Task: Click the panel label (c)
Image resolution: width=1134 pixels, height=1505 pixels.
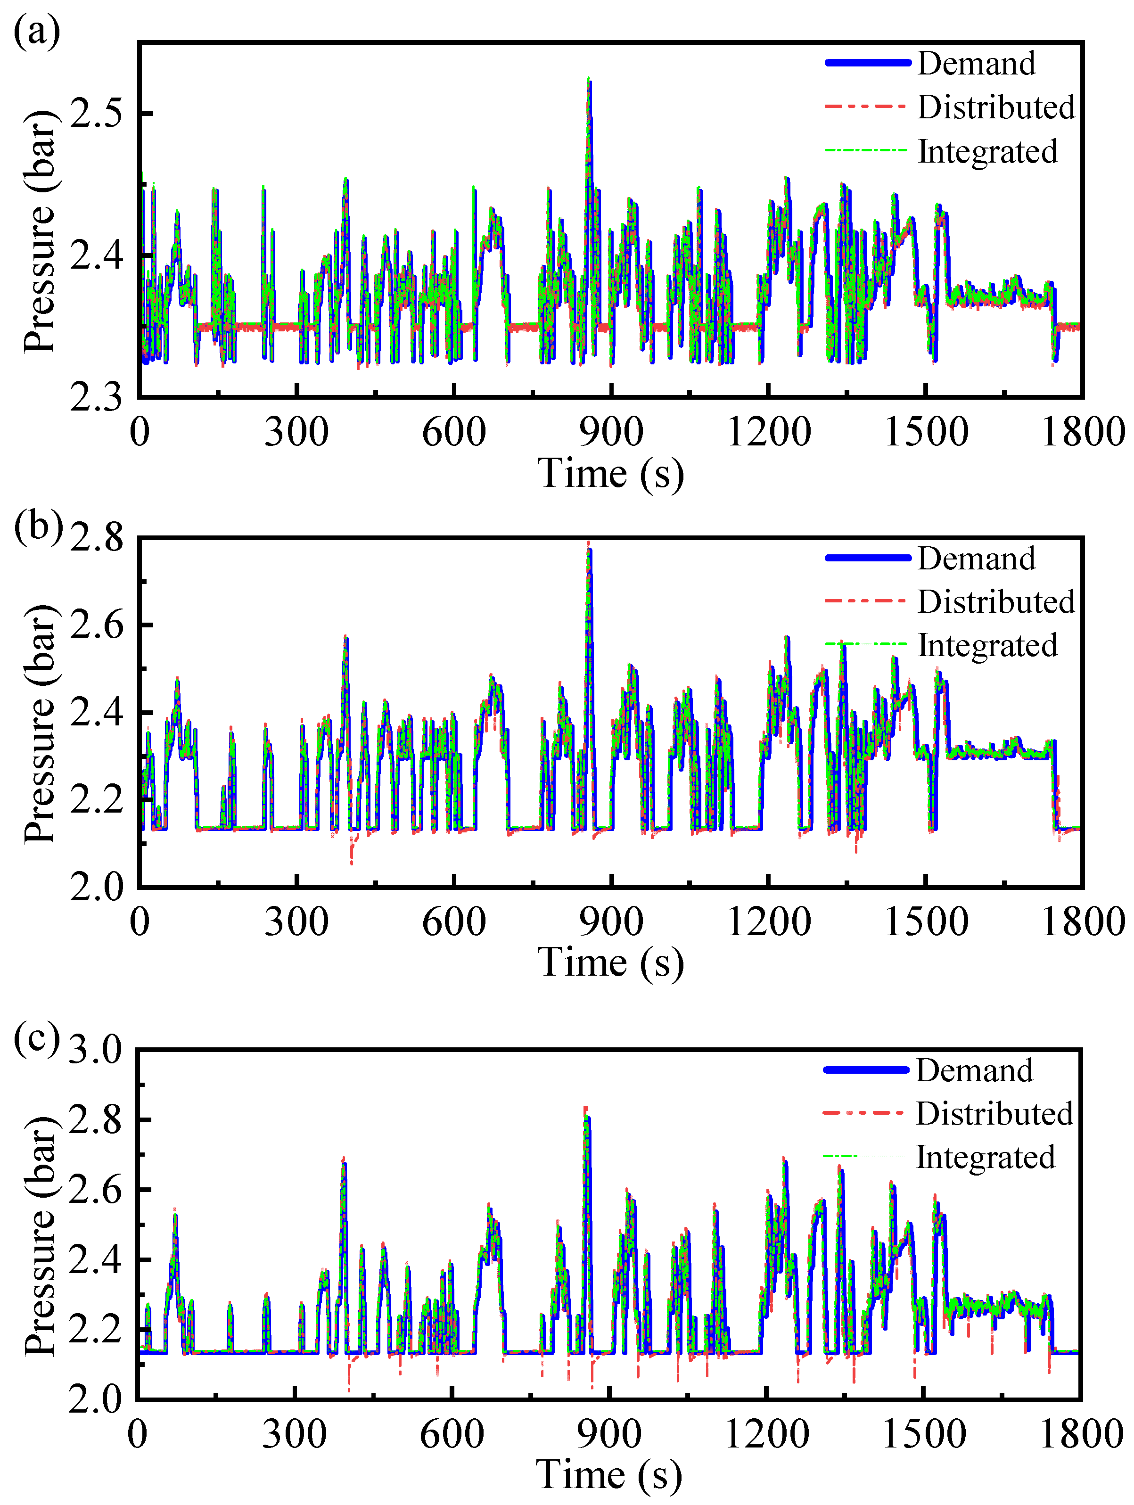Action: coord(36,1037)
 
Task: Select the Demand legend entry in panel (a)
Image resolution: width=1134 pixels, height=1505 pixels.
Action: coord(976,63)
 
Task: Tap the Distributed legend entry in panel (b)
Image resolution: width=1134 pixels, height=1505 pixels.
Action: coord(996,601)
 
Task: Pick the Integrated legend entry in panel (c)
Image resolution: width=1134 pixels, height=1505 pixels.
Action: coord(985,1157)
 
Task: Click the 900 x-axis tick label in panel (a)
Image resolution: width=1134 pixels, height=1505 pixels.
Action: coord(611,432)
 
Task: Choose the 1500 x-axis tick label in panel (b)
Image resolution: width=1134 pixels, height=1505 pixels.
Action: coord(926,922)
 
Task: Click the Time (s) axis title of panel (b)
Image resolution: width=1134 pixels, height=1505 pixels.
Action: coord(610,963)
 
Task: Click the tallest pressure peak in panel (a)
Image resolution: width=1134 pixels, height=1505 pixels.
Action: coord(588,80)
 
